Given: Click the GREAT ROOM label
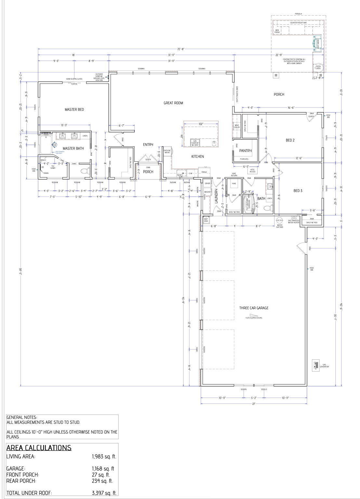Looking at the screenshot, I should [x=173, y=103].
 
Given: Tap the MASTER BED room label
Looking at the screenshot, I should [x=74, y=109].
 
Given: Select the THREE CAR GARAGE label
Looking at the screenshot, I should [x=254, y=308].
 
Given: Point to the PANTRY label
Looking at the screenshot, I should [x=245, y=151].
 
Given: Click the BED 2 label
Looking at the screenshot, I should [x=290, y=140].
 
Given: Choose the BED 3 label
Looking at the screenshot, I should [x=298, y=191].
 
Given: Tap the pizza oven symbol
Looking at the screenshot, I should [x=318, y=67].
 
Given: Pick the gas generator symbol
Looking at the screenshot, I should [x=315, y=365].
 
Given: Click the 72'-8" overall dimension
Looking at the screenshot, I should [x=181, y=49].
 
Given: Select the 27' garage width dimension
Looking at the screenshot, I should [x=254, y=404].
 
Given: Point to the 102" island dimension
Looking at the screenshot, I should [x=200, y=124].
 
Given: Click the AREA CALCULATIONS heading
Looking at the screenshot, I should [x=39, y=448].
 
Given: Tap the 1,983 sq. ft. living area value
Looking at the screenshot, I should [x=104, y=456].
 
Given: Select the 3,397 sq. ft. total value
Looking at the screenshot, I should [x=104, y=493].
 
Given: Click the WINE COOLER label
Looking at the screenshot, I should [x=237, y=126].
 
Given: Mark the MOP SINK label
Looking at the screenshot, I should [x=206, y=220].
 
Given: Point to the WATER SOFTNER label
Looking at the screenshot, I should [x=280, y=226].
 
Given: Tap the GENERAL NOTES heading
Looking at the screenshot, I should [x=22, y=417].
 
